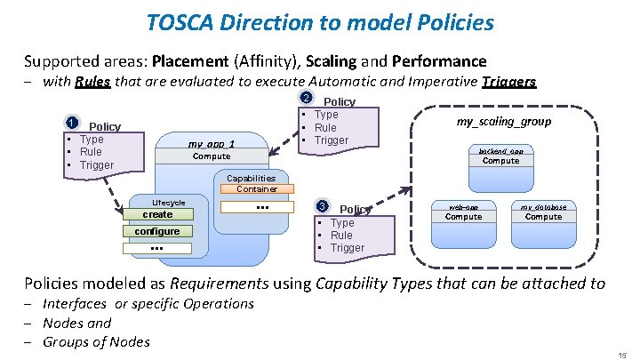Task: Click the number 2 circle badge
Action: [306, 99]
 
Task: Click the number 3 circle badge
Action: [323, 207]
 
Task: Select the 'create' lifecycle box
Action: [157, 214]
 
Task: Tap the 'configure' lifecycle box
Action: [157, 231]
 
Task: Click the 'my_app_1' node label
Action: [211, 144]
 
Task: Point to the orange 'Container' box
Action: [257, 188]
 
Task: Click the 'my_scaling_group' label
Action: [503, 121]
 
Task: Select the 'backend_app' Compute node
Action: [501, 156]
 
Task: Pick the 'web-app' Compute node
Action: [463, 212]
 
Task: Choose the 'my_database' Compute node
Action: [543, 212]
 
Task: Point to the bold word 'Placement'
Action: [189, 61]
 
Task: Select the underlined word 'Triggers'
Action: [508, 82]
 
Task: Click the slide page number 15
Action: [623, 353]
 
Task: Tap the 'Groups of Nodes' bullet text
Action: [96, 341]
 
